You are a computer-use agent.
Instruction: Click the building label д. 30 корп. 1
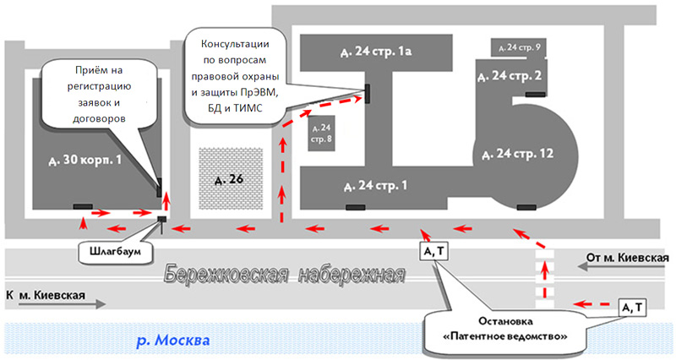click(85, 161)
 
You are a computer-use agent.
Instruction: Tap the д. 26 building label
click(229, 179)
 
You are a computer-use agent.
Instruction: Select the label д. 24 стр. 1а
click(375, 52)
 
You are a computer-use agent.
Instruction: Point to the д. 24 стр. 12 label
click(517, 154)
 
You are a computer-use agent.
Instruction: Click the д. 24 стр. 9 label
click(519, 47)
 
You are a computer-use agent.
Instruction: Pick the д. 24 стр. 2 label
click(510, 76)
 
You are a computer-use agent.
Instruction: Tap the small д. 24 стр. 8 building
click(321, 134)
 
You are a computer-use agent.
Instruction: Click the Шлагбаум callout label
click(116, 251)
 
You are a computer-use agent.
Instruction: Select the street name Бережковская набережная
click(285, 275)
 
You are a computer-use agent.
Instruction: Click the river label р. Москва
click(173, 341)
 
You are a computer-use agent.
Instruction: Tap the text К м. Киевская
click(46, 295)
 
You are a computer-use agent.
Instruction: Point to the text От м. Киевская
click(627, 258)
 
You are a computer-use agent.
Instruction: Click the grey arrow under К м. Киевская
click(62, 304)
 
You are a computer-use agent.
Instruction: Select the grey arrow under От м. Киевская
click(621, 267)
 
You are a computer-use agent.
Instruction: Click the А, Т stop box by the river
click(632, 308)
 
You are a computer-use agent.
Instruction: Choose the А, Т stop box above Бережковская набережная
click(433, 251)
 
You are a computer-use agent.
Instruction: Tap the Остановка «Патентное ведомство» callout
click(504, 329)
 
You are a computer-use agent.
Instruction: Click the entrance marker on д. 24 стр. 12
click(526, 208)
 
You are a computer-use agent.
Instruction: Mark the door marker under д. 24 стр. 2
click(536, 95)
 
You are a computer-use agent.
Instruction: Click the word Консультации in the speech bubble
click(236, 44)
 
